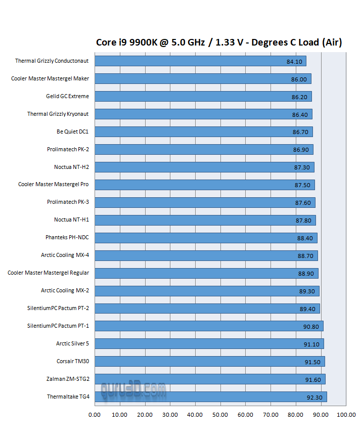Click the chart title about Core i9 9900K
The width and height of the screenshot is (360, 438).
pyautogui.click(x=219, y=42)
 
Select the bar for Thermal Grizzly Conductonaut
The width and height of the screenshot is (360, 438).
pyautogui.click(x=200, y=61)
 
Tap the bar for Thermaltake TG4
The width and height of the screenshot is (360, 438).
pyautogui.click(x=210, y=397)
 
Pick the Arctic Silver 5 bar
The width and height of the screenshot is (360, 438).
pyautogui.click(x=209, y=344)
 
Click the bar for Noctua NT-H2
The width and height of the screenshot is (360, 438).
pyautogui.click(x=204, y=167)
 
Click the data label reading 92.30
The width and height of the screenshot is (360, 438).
pyautogui.click(x=314, y=398)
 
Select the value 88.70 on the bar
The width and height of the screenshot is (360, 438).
pyautogui.click(x=305, y=256)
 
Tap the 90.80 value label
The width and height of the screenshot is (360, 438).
pyautogui.click(x=311, y=327)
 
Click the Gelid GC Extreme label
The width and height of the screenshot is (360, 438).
pyautogui.click(x=67, y=96)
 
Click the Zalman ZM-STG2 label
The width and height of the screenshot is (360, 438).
pyautogui.click(x=68, y=379)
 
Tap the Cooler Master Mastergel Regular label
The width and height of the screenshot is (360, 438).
pyautogui.click(x=48, y=273)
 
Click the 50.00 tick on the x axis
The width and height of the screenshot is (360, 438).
pyautogui.click(x=220, y=415)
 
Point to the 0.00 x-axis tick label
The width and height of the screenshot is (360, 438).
pyautogui.click(x=95, y=415)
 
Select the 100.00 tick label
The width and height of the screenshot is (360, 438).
pyautogui.click(x=346, y=415)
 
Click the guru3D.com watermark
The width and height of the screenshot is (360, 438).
pyautogui.click(x=133, y=389)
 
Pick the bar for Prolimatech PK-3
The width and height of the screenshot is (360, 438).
pyautogui.click(x=205, y=202)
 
